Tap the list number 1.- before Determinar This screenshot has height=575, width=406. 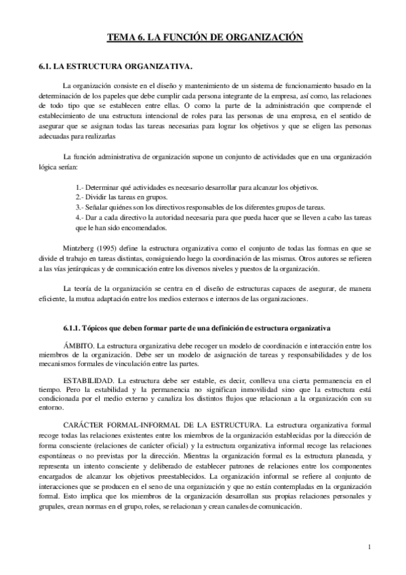pyautogui.click(x=80, y=186)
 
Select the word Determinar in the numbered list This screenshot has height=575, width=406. pyautogui.click(x=103, y=186)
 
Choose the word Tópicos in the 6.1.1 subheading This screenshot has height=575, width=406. pyautogui.click(x=100, y=329)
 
